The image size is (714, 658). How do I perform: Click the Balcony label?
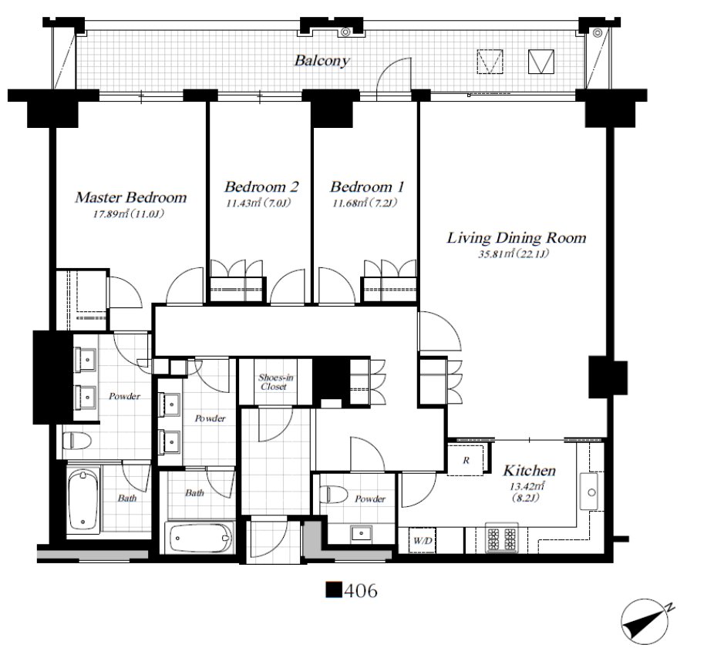(x=322, y=61)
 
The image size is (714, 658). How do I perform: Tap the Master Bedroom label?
(x=130, y=197)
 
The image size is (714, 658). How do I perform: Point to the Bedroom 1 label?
(x=367, y=186)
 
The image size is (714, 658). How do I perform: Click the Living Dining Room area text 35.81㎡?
(x=496, y=253)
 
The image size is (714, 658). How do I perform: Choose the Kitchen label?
(x=529, y=470)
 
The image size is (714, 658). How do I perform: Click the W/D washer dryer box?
(x=422, y=541)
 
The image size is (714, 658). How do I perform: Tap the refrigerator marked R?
(x=466, y=460)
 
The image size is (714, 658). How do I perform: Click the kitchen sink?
(x=591, y=492)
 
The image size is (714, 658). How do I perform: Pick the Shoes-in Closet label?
(x=275, y=382)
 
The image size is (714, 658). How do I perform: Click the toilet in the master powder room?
(x=76, y=441)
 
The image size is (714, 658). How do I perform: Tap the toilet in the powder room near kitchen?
(x=334, y=494)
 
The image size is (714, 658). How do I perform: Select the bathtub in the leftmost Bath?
(x=83, y=501)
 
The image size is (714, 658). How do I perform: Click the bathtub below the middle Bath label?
(x=200, y=537)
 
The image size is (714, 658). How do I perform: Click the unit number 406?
(x=361, y=591)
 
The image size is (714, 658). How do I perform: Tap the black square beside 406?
(x=334, y=590)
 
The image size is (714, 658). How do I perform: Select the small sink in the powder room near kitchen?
(x=362, y=533)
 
